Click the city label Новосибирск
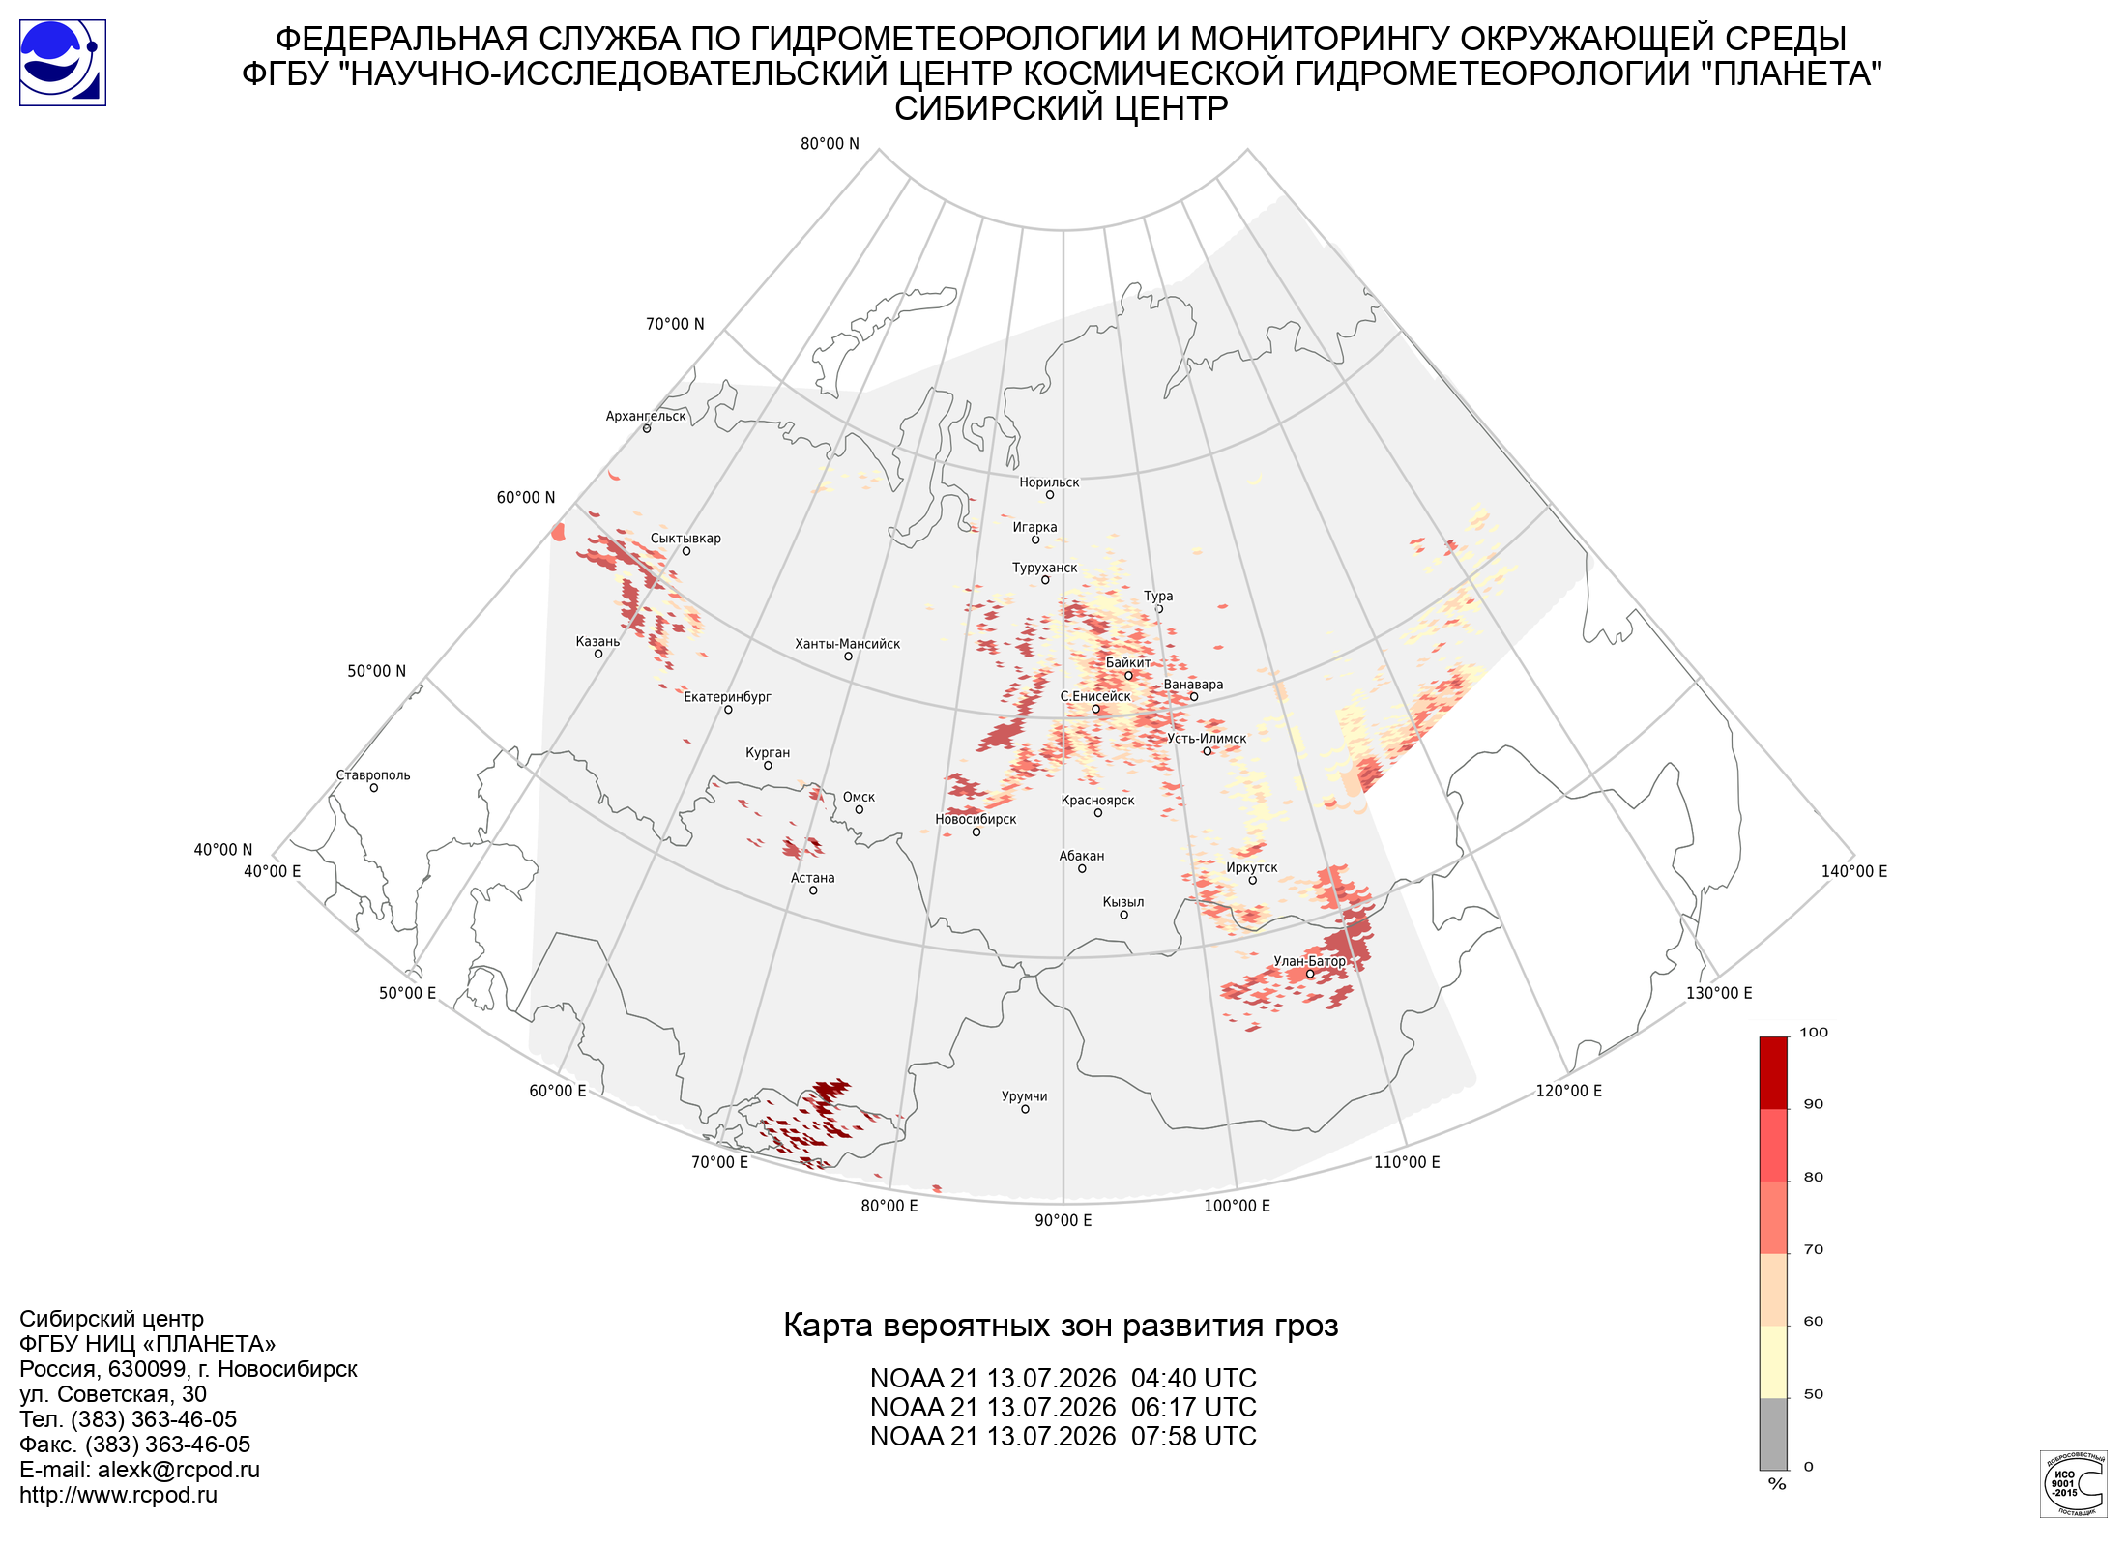click(976, 819)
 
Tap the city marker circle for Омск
click(859, 809)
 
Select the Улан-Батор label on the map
click(1309, 960)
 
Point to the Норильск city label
click(1049, 482)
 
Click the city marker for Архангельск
click(647, 428)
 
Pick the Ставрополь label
click(373, 775)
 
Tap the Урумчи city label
click(1024, 1096)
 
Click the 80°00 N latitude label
click(830, 144)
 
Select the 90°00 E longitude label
click(1063, 1220)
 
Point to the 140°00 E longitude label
click(1854, 871)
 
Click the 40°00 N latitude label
click(223, 850)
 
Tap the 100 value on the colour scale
click(1814, 1033)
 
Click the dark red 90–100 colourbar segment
click(1773, 1073)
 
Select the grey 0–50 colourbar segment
click(1773, 1434)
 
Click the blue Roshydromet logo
click(63, 63)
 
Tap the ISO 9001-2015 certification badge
click(2073, 1484)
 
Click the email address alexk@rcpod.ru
click(179, 1470)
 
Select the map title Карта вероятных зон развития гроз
click(1061, 1326)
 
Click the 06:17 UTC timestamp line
click(1063, 1408)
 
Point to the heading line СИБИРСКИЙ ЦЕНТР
click(1062, 108)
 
